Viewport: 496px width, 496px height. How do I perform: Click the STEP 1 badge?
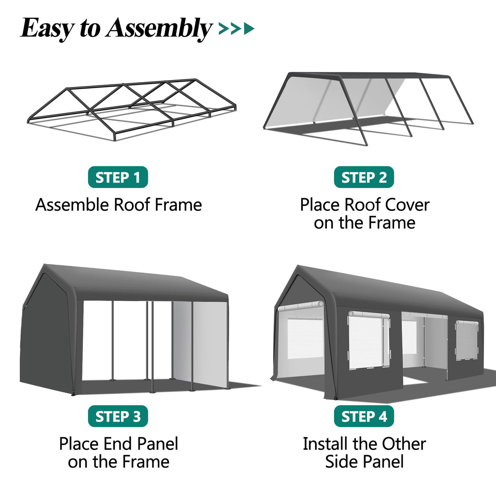click(x=118, y=177)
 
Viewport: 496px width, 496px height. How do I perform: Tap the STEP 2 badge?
click(x=364, y=177)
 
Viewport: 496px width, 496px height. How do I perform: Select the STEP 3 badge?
click(x=118, y=416)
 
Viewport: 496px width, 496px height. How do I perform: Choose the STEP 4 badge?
click(x=364, y=416)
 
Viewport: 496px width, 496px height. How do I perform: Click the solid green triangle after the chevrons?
click(x=248, y=29)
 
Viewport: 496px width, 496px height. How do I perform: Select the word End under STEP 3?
click(x=118, y=444)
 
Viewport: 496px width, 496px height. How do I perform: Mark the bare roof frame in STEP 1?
click(x=131, y=108)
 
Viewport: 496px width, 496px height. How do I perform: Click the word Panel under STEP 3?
click(x=157, y=444)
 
